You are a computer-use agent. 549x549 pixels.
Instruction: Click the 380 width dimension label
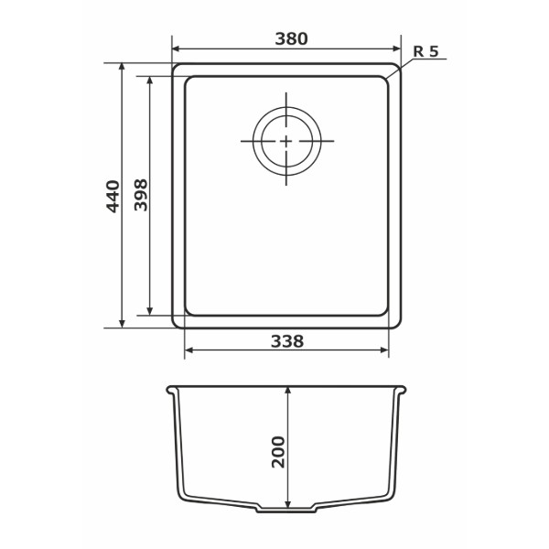pos(291,38)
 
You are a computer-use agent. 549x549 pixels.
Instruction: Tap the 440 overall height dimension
pos(113,197)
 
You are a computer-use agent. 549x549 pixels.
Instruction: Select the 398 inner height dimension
pos(141,195)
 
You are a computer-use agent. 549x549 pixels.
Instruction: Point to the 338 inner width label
pos(287,341)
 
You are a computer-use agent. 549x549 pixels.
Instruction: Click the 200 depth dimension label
pos(278,452)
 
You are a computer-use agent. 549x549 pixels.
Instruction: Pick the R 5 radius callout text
pos(425,51)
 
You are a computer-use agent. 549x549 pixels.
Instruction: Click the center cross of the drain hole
pos(286,141)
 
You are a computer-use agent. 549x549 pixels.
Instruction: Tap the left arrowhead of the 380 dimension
pos(176,48)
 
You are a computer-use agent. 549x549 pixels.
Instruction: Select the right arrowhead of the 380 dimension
pos(397,48)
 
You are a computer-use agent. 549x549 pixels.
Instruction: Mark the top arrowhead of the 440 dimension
pos(122,67)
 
